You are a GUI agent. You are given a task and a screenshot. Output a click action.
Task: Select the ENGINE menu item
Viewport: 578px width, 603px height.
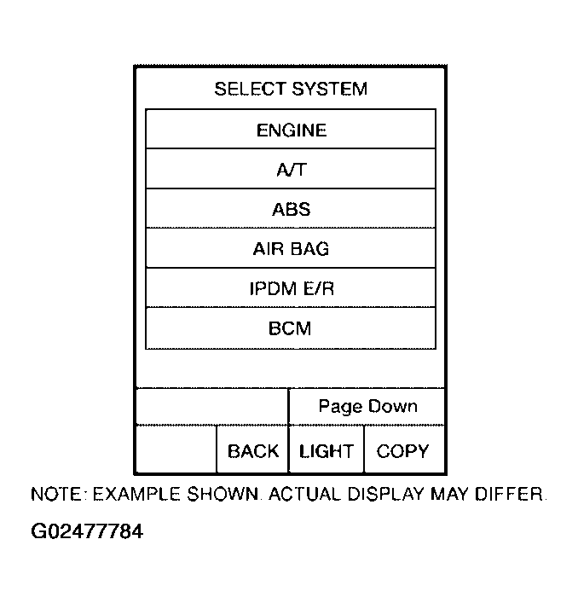tap(291, 129)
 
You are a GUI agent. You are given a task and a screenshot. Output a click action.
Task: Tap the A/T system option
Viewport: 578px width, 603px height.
tap(291, 168)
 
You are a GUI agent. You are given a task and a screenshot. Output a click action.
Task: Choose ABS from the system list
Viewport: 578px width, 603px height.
tap(291, 208)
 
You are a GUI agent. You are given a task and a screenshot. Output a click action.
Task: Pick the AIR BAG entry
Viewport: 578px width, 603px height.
tap(291, 248)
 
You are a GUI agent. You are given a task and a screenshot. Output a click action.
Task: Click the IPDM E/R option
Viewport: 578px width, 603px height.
tap(291, 287)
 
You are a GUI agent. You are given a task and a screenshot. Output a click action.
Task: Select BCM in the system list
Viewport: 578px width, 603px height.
tap(291, 328)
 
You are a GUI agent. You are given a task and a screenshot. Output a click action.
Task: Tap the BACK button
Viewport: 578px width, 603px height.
tap(252, 449)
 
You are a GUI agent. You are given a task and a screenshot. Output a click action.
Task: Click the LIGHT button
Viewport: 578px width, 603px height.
tap(327, 449)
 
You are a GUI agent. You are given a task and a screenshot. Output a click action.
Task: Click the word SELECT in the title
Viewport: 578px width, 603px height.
tap(250, 89)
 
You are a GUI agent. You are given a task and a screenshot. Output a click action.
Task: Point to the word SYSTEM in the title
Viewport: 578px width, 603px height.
tap(330, 89)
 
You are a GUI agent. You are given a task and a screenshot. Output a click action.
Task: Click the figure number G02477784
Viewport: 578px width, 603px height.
tap(87, 531)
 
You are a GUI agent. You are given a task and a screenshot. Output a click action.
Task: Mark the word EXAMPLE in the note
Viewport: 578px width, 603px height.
tap(136, 494)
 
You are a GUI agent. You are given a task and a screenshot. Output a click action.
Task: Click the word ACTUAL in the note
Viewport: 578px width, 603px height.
tap(304, 494)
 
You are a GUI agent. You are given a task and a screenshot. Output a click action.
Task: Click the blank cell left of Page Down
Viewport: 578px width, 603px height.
tap(212, 407)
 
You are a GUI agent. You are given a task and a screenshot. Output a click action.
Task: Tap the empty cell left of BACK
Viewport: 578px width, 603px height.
tap(176, 449)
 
